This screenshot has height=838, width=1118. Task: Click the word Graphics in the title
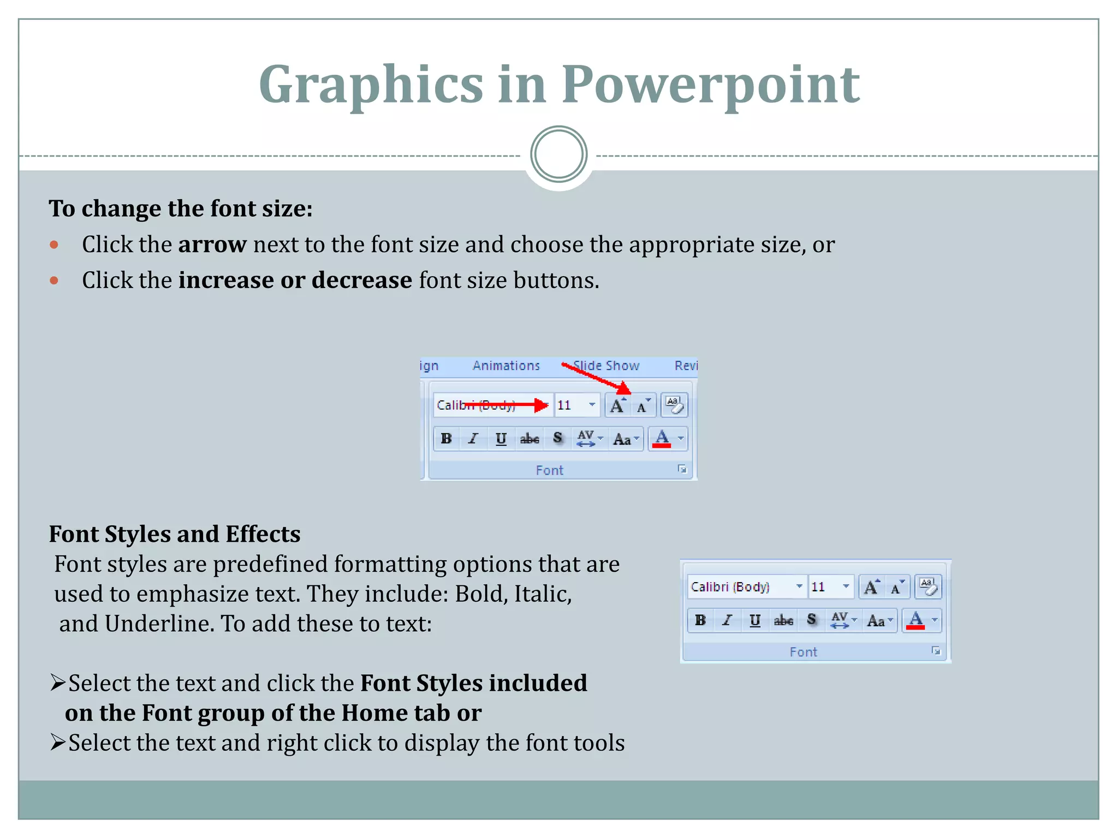pos(371,85)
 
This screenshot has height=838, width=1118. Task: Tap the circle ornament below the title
pos(558,154)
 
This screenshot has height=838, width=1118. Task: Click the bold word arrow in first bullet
pos(212,244)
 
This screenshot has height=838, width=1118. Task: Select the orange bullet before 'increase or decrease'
pos(54,280)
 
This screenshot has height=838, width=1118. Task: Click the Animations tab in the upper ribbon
pos(506,366)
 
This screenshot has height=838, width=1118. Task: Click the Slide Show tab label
pos(606,366)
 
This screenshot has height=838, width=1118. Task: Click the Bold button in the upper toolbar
pos(446,439)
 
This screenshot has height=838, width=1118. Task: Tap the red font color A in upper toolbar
pos(662,439)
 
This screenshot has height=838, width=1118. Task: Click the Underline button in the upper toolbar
pos(501,439)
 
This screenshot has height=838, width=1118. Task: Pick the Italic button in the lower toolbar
pos(727,620)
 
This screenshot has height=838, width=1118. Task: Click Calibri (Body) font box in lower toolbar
pos(737,587)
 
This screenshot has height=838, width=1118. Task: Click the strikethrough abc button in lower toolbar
pos(783,620)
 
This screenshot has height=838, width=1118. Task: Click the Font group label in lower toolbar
pos(803,652)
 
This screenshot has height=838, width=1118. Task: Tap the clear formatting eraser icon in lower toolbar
pos(928,587)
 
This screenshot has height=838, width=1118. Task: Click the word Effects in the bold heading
pos(263,534)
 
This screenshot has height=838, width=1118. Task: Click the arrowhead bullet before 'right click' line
pos(58,743)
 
